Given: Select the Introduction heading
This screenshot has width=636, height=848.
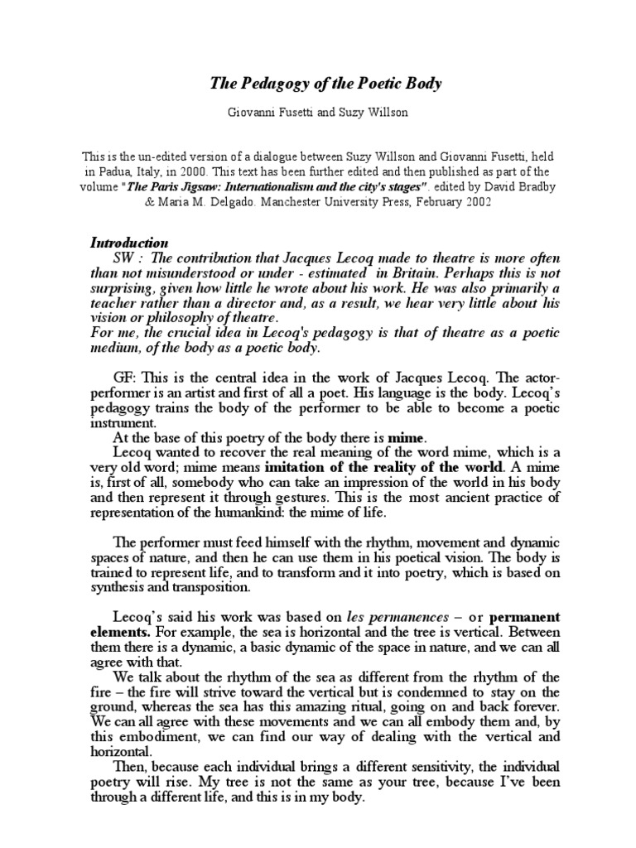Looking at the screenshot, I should point(128,243).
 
